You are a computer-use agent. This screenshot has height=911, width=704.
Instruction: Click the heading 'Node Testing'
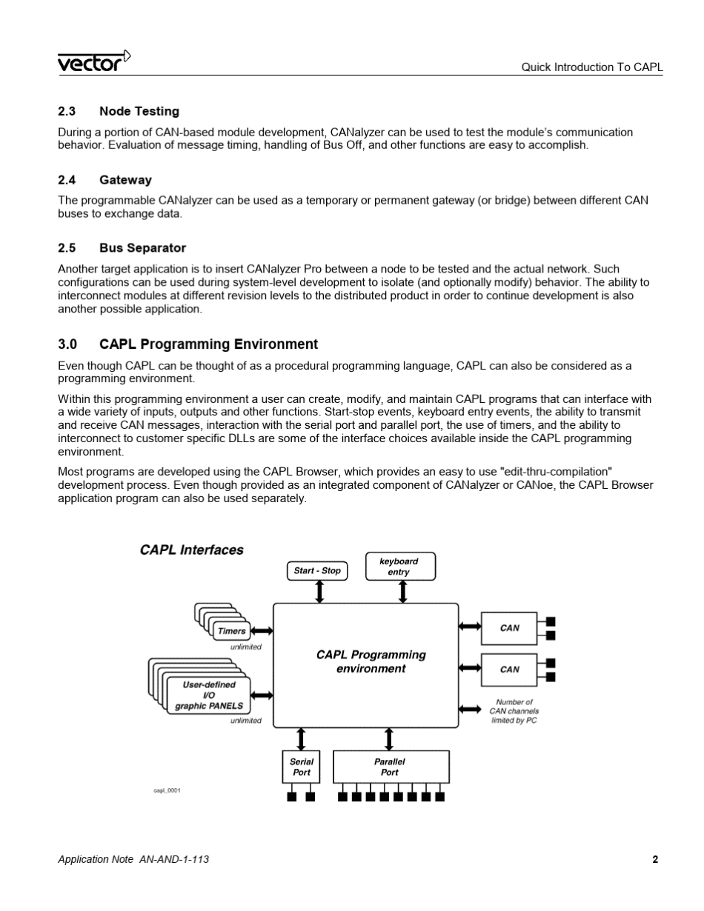(x=139, y=111)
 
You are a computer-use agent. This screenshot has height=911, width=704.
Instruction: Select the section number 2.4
(x=67, y=180)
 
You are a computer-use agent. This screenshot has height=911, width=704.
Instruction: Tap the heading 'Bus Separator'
(x=142, y=248)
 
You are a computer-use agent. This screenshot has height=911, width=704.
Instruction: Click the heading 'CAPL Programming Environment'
(x=208, y=344)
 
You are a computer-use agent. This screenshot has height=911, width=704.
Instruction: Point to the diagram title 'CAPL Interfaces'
(x=191, y=550)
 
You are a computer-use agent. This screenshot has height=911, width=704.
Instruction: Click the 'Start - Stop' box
(x=317, y=571)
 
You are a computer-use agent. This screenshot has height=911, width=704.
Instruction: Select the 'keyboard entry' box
(x=400, y=567)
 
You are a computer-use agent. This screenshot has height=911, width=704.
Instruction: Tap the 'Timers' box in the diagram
(x=232, y=631)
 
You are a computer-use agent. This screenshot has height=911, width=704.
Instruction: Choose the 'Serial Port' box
(x=301, y=767)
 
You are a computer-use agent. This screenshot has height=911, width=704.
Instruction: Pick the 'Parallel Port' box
(x=391, y=767)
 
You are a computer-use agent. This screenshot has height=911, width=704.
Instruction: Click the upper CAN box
(x=509, y=628)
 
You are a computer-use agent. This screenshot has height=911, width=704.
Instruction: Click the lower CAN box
(x=509, y=670)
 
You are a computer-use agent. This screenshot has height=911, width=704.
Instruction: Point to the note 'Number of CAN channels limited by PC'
(x=514, y=711)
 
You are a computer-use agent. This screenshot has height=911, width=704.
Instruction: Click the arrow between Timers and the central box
(x=262, y=631)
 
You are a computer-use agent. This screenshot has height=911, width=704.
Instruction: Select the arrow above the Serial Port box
(x=301, y=738)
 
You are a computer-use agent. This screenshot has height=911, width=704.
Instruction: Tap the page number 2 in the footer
(x=655, y=859)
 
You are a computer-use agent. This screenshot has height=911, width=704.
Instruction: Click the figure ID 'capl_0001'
(x=167, y=790)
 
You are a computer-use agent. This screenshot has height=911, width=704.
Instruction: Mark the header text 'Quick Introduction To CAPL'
(x=591, y=67)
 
